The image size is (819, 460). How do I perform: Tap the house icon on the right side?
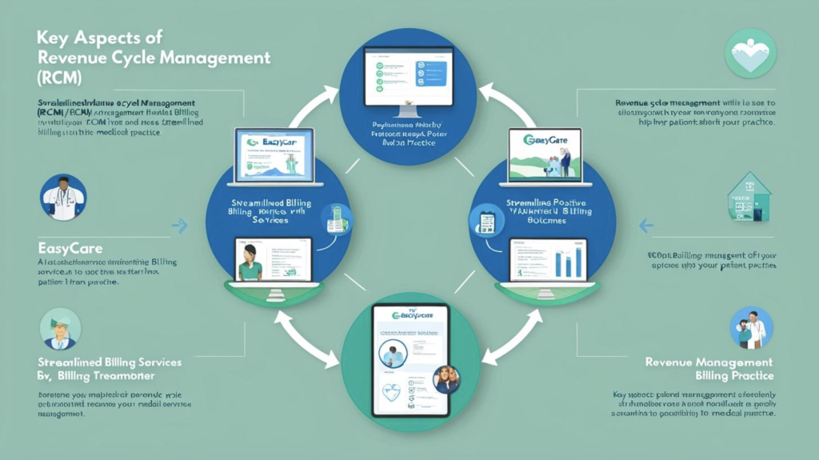click(749, 196)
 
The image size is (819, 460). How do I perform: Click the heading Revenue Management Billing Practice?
click(709, 369)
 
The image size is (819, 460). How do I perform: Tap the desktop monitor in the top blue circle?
click(408, 78)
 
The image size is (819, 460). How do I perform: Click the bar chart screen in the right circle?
click(548, 262)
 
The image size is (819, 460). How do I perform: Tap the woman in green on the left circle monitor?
click(251, 262)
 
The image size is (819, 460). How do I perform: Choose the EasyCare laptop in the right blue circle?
click(550, 156)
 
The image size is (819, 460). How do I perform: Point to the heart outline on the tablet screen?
click(390, 393)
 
